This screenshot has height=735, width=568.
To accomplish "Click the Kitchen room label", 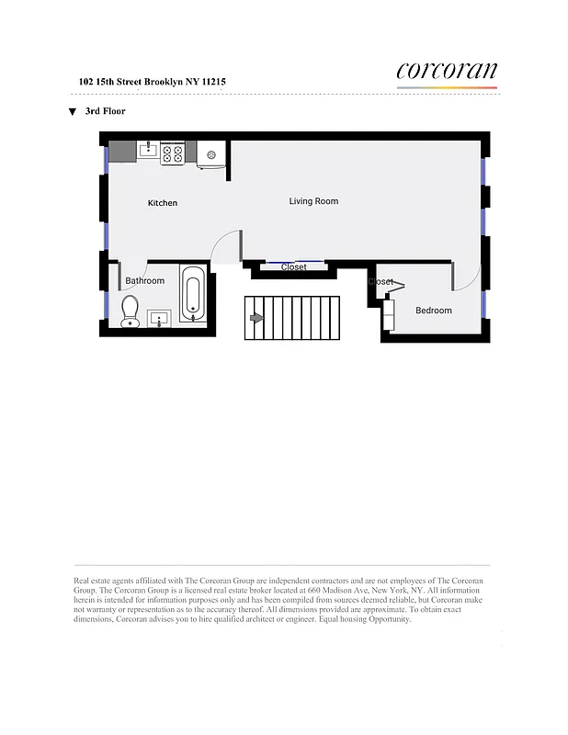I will point(163,203).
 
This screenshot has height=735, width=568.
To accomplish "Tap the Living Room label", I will point(313,201).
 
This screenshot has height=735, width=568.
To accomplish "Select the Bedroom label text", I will point(434,311).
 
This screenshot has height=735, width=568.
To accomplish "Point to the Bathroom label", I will point(145,281).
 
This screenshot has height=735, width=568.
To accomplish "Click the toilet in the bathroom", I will point(130,311).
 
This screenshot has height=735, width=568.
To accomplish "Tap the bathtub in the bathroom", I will point(193,294).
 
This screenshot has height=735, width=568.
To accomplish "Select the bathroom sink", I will point(160,319).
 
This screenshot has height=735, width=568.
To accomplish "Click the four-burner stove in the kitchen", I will point(173,153).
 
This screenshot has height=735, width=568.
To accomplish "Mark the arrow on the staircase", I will point(256,318).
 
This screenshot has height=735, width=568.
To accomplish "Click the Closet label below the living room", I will point(294,267).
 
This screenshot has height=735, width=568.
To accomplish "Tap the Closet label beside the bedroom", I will point(381,282).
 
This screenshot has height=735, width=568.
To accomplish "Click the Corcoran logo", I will point(447,72).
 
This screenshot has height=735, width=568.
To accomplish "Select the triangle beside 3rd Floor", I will point(72,112).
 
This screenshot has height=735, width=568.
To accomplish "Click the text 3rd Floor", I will point(105,111).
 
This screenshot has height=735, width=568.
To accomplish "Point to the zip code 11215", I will point(213,82).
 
